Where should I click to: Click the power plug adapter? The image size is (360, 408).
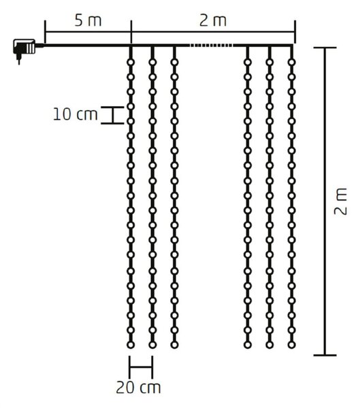(x=24, y=49)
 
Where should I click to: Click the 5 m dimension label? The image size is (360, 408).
(x=88, y=21)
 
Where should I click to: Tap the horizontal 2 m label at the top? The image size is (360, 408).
(x=213, y=21)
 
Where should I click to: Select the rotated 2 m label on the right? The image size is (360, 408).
(x=340, y=201)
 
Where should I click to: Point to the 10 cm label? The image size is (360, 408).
(x=75, y=114)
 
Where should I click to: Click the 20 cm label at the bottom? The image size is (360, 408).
(x=138, y=388)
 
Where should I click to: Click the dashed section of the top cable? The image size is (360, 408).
(x=211, y=46)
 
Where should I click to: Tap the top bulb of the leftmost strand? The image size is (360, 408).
(x=131, y=63)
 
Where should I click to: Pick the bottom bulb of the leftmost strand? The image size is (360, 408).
(x=131, y=345)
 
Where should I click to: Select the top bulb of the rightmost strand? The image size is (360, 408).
(x=292, y=63)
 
